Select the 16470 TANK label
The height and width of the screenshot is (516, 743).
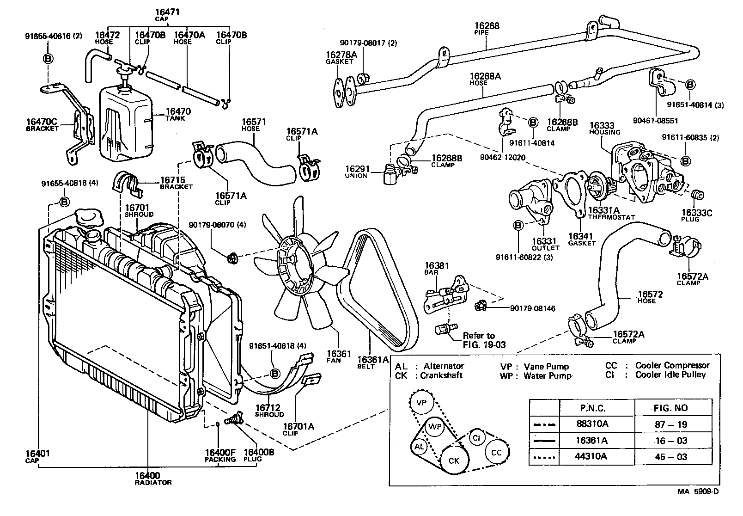(x=177, y=114)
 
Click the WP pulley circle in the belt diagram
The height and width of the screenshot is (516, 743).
(x=435, y=426)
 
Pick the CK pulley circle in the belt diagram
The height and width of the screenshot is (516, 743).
(x=454, y=461)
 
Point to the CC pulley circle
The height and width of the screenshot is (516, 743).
(x=496, y=452)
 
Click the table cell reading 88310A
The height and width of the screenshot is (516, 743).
(x=592, y=424)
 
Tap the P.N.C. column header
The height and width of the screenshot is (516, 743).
(x=592, y=408)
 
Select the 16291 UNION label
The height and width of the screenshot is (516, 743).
(x=357, y=172)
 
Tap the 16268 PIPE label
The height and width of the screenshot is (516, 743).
(x=487, y=29)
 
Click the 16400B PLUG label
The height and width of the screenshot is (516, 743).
(x=258, y=455)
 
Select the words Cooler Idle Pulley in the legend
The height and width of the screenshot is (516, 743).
(x=670, y=375)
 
